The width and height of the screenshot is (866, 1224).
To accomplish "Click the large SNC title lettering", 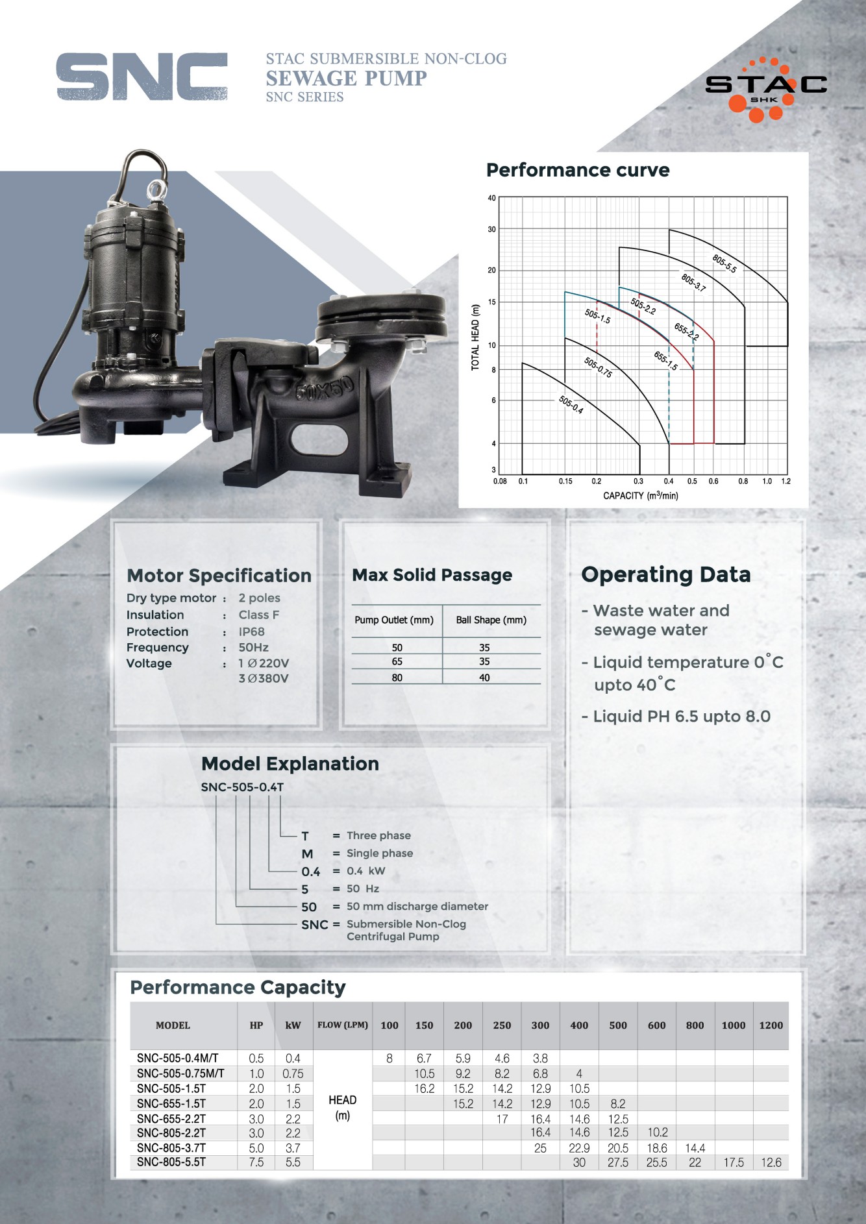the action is [142, 77].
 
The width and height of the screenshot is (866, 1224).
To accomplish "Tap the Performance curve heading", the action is [578, 170].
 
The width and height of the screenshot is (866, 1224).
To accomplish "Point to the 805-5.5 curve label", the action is [724, 263].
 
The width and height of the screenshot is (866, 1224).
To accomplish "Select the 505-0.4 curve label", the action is [571, 405].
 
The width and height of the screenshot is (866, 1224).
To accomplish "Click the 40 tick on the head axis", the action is [491, 198].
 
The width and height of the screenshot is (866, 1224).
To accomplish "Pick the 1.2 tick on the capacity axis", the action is [786, 482].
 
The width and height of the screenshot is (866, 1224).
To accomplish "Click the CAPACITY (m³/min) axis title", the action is [641, 496].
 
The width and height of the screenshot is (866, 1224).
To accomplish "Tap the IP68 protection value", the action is [251, 631].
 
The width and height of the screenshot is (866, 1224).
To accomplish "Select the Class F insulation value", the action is [258, 615].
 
